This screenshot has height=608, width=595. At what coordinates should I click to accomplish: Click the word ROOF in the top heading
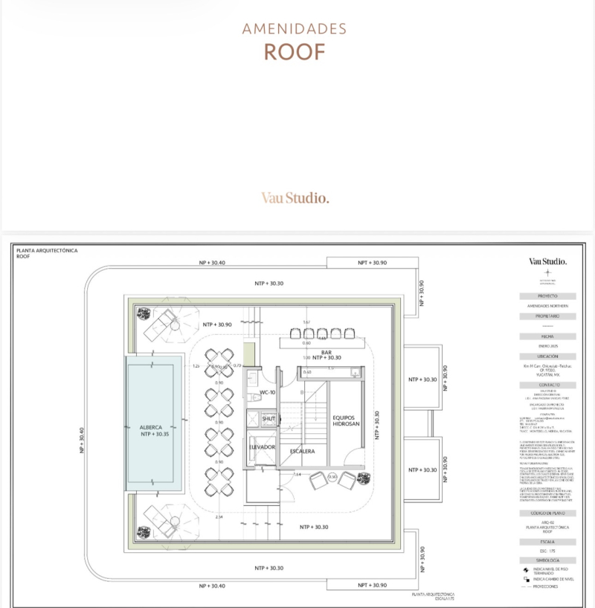295,51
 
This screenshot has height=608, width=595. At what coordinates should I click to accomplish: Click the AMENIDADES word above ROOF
295,29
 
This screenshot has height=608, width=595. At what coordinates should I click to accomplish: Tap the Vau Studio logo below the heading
295,198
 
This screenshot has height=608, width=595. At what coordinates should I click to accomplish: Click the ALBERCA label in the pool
151,427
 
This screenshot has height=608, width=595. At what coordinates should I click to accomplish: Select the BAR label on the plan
326,351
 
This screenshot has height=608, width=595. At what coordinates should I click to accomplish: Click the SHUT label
268,419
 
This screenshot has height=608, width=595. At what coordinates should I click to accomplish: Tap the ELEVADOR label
262,447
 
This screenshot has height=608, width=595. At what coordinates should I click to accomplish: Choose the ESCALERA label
303,451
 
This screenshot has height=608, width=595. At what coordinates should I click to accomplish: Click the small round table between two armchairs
332,476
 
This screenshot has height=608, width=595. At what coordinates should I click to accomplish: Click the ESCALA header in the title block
548,542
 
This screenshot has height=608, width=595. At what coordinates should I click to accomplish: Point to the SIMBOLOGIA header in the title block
548,560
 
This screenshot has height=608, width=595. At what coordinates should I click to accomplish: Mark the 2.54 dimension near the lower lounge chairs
219,516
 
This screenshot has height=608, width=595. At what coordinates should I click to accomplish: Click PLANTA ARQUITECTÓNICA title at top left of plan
46,251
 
